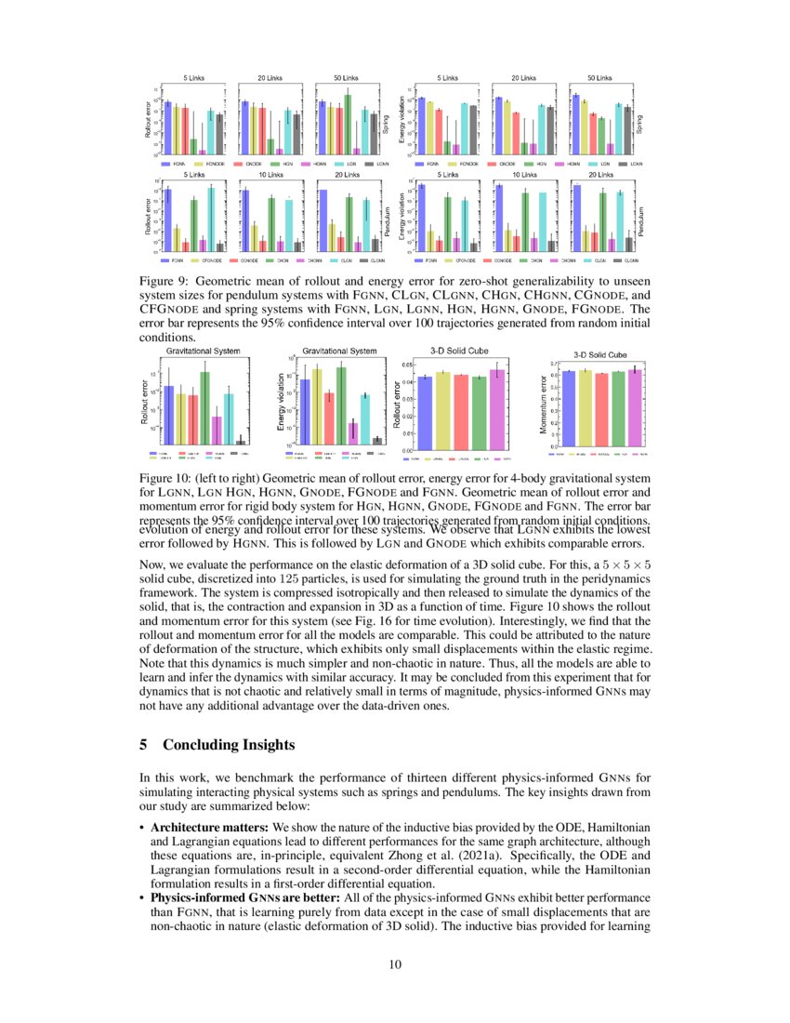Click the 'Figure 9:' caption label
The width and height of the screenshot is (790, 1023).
(164, 280)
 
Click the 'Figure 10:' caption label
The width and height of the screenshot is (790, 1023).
(166, 476)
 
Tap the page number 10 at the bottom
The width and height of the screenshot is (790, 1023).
(394, 963)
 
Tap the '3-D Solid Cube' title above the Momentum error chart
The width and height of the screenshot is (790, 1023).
(599, 354)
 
